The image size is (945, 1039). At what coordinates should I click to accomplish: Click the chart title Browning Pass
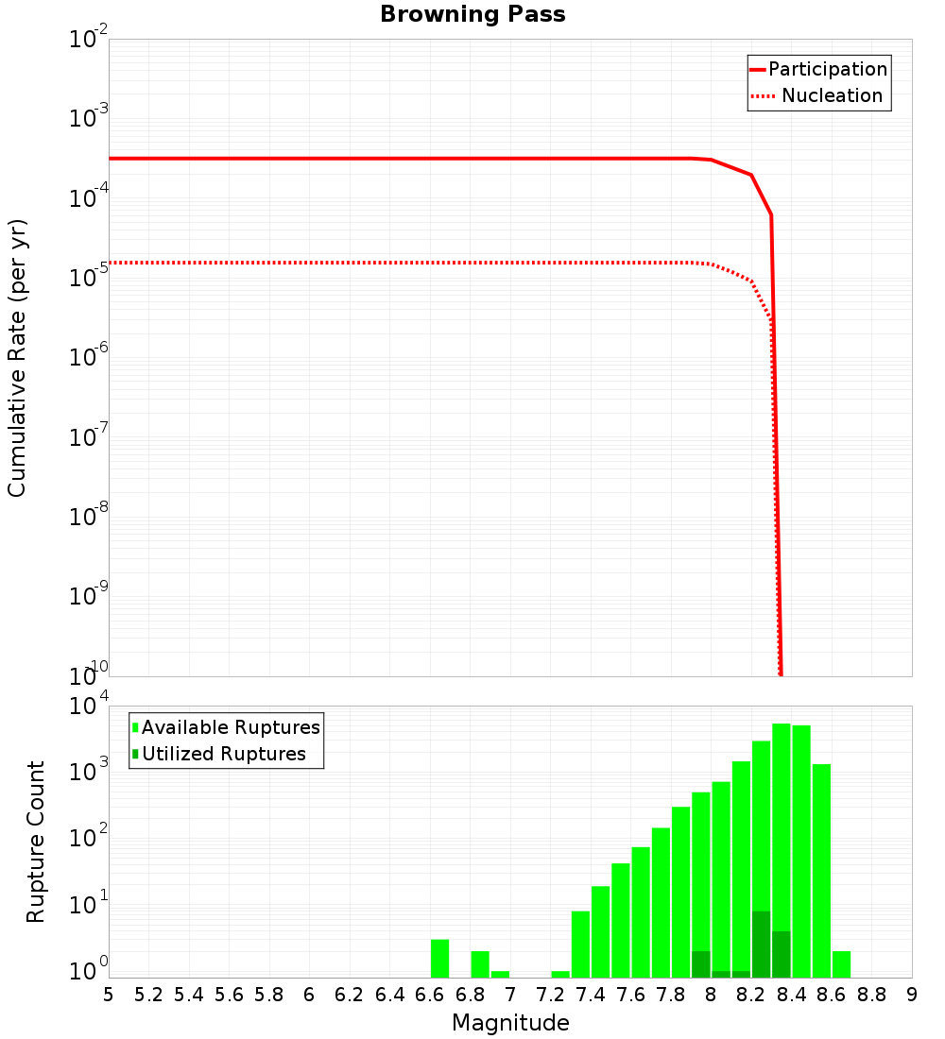(472, 15)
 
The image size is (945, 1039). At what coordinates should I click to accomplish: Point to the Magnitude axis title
(510, 1023)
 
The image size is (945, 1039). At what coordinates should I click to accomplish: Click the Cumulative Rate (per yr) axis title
(17, 358)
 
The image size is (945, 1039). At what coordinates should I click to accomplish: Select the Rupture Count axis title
(36, 841)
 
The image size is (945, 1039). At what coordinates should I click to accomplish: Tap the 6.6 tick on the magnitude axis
(429, 995)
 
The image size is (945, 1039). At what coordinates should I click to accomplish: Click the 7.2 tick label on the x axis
(550, 995)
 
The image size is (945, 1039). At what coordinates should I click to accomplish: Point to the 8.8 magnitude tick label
(871, 995)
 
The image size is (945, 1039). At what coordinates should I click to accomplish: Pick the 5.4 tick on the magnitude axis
(188, 995)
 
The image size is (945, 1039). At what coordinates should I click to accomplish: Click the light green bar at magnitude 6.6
(439, 959)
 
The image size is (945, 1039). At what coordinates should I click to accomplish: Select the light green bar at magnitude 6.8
(480, 964)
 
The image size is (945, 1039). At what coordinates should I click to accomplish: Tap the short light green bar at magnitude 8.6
(841, 964)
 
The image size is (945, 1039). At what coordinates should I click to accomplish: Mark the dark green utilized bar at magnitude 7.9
(700, 964)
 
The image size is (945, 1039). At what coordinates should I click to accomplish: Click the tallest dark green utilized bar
(761, 945)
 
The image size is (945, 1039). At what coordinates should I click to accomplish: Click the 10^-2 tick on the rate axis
(89, 41)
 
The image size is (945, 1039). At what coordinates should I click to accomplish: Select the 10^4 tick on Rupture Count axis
(91, 707)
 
